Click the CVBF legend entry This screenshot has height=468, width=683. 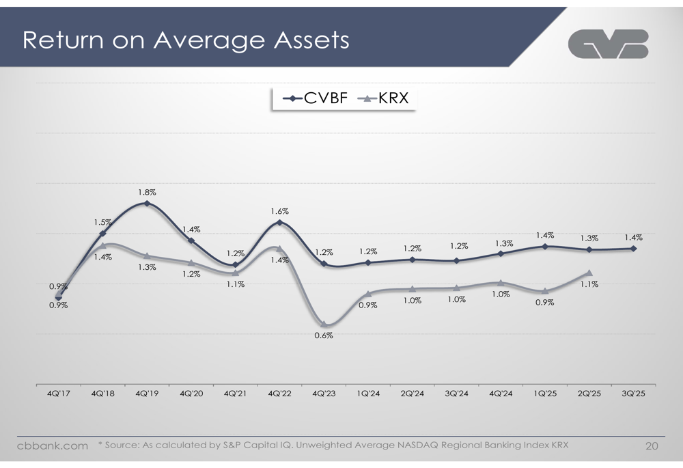[x=316, y=98]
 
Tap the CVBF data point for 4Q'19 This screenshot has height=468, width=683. [x=147, y=204]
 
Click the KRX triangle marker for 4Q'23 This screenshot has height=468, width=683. [x=324, y=324]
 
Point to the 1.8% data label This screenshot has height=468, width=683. [x=147, y=193]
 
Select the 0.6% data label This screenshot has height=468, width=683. [x=324, y=335]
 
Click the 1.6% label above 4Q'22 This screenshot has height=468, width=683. [x=279, y=212]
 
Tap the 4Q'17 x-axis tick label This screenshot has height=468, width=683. [x=59, y=394]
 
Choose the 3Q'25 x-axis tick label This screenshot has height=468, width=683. [x=633, y=394]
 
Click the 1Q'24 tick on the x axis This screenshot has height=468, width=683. [x=368, y=394]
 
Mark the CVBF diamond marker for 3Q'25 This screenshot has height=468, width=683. [x=634, y=249]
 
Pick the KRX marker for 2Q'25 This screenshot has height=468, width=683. [x=589, y=273]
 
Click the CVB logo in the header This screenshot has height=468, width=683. [x=608, y=44]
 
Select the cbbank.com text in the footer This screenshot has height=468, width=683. [x=53, y=446]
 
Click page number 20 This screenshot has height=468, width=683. [x=652, y=446]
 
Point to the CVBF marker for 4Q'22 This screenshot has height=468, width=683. [x=279, y=223]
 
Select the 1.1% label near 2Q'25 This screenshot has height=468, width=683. [x=589, y=284]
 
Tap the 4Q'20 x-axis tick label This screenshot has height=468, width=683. [x=191, y=394]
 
